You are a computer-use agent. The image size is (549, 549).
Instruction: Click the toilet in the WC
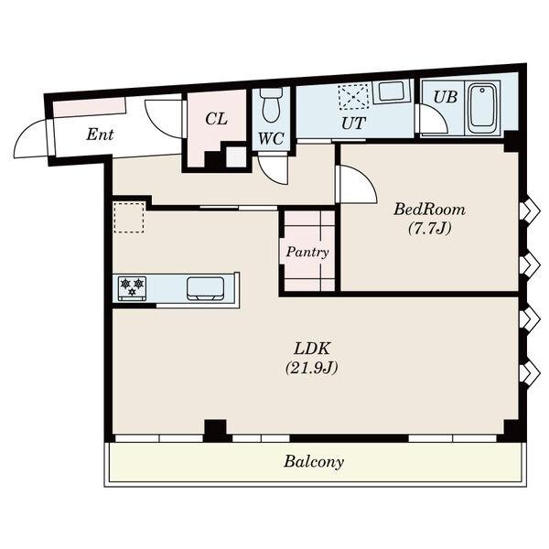pyautogui.click(x=272, y=104)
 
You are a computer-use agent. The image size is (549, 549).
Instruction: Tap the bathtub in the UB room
pyautogui.click(x=482, y=108)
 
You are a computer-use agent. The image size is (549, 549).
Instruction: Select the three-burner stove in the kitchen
pyautogui.click(x=133, y=288)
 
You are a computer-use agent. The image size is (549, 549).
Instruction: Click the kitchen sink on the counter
pyautogui.click(x=205, y=289)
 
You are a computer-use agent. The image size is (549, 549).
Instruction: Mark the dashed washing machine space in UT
pyautogui.click(x=353, y=95)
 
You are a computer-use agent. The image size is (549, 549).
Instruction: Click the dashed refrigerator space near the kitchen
pyautogui.click(x=128, y=217)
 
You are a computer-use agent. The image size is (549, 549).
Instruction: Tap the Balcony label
pyautogui.click(x=314, y=461)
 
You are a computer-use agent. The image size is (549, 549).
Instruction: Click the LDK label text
pyautogui.click(x=312, y=350)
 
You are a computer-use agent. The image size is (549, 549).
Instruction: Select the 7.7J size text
pyautogui.click(x=430, y=229)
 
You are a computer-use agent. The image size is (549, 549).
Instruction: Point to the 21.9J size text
pyautogui.click(x=312, y=369)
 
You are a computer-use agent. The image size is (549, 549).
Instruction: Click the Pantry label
pyautogui.click(x=307, y=253)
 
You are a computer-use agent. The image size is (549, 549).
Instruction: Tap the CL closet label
pyautogui.click(x=216, y=119)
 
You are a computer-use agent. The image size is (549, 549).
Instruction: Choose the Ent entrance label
pyautogui.click(x=100, y=135)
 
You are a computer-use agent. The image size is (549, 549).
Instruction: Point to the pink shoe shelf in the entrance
pyautogui.click(x=90, y=106)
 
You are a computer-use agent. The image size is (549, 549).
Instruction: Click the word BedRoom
pyautogui.click(x=430, y=210)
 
